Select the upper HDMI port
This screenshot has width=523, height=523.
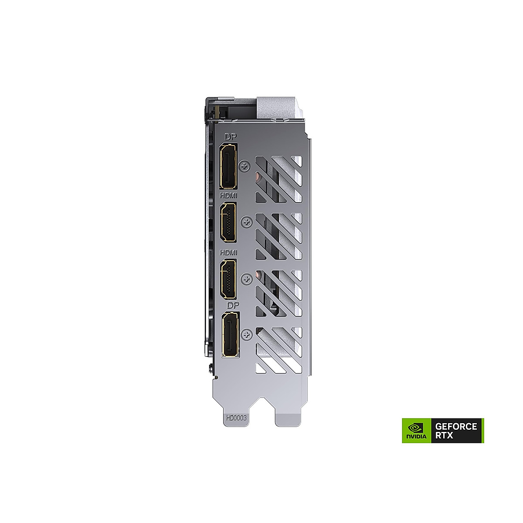click(x=228, y=222)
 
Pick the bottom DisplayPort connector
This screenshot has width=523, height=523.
click(x=230, y=334)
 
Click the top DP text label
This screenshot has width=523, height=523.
click(x=230, y=137)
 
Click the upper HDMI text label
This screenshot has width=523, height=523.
click(x=229, y=197)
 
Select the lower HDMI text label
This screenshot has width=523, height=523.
click(x=229, y=253)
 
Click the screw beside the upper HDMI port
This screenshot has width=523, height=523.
click(x=247, y=222)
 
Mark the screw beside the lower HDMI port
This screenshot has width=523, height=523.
click(x=247, y=279)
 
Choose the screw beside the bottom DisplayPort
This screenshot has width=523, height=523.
click(x=247, y=335)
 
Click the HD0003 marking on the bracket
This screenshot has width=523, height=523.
click(x=236, y=418)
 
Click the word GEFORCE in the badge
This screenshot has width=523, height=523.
click(x=456, y=426)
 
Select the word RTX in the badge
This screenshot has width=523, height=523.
click(x=444, y=435)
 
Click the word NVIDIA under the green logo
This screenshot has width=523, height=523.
click(x=416, y=436)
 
